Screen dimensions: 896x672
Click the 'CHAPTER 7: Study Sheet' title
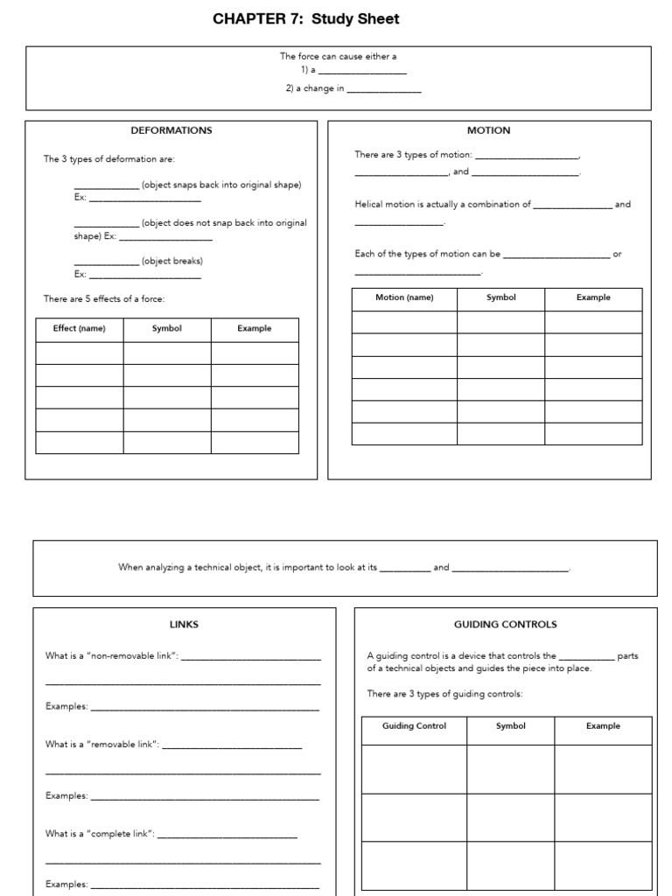[305, 18]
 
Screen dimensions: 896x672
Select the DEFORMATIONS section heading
[171, 130]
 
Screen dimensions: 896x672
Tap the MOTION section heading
[489, 130]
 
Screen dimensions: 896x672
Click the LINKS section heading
[184, 624]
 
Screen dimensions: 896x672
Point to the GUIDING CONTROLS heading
[505, 624]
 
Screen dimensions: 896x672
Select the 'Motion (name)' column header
[404, 297]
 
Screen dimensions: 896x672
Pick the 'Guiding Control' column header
[414, 725]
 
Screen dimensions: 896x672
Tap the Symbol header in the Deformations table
[167, 329]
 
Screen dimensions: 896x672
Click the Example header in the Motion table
[593, 297]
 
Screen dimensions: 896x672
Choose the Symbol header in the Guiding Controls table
[511, 725]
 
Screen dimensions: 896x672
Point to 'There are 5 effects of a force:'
[104, 298]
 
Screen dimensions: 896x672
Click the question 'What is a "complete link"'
[100, 834]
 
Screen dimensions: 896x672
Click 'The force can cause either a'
[338, 56]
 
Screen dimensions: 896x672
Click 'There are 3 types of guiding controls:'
[444, 694]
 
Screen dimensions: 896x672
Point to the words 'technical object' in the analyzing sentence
[224, 567]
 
